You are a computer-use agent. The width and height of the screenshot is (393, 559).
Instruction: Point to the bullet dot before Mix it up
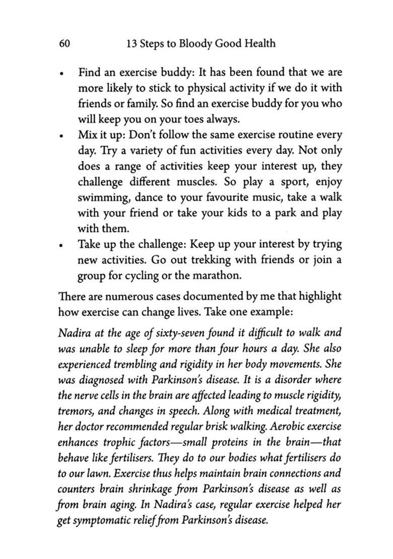click(x=61, y=136)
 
